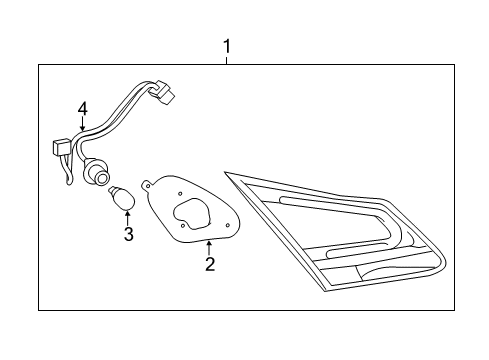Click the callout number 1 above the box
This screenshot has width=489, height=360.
pos(228,46)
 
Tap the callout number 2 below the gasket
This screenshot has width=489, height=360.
pos(210,264)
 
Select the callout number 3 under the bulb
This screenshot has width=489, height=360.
pos(128,234)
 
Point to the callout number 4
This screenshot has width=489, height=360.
pos(83,107)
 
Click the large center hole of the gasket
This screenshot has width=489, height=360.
pos(192,213)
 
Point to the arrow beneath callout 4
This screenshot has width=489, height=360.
pos(83,126)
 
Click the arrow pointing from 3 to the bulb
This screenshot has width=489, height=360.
pos(127,214)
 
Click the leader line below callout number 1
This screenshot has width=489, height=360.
pos(228,59)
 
